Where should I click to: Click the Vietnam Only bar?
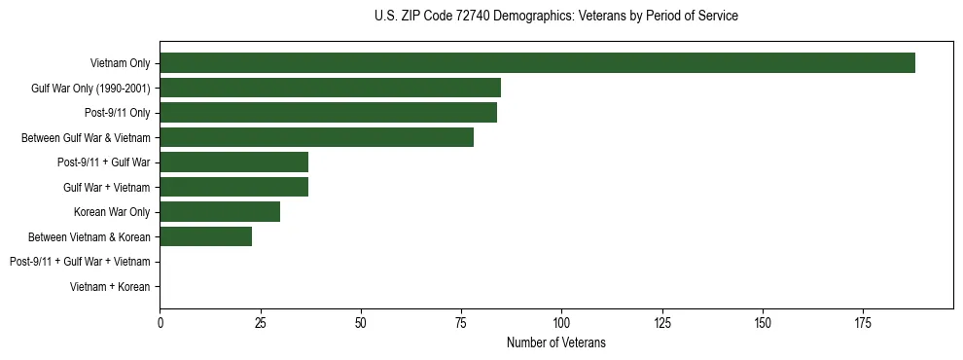click(537, 62)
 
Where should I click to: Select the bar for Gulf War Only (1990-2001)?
click(331, 88)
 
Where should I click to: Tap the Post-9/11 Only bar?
click(329, 112)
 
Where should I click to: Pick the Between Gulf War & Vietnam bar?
click(317, 137)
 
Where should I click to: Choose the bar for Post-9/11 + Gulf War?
click(234, 162)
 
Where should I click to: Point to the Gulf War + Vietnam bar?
click(234, 187)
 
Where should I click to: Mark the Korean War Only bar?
click(220, 211)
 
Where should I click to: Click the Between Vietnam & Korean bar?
click(206, 236)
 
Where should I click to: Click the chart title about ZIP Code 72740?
click(556, 17)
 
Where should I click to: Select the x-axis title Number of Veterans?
click(556, 342)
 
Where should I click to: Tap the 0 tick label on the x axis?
click(160, 321)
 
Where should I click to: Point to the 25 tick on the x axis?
click(261, 321)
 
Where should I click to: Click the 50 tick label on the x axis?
click(361, 321)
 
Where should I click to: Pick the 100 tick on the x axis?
click(561, 321)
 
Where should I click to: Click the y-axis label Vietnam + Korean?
click(110, 286)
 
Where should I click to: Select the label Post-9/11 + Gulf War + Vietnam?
click(80, 262)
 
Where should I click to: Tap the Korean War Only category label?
click(112, 212)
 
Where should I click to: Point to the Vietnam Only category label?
click(120, 63)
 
